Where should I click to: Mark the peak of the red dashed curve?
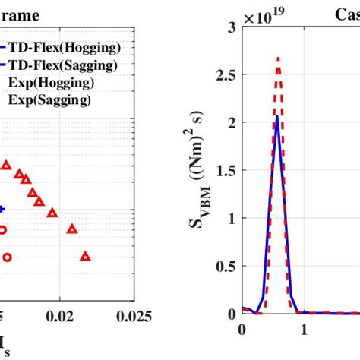tap(279, 58)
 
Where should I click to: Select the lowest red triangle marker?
tap(86, 257)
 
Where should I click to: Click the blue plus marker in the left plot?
tap(2, 209)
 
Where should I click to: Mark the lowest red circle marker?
tap(7, 257)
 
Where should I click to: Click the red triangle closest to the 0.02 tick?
tap(73, 229)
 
